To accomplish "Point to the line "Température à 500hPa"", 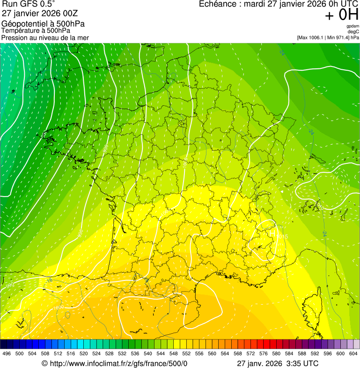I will click(36, 31).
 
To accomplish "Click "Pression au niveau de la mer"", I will click(45, 37).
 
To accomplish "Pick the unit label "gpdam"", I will click(353, 26).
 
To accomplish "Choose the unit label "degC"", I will click(353, 31).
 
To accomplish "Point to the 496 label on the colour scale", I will click(7, 353).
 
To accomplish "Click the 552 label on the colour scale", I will click(186, 353).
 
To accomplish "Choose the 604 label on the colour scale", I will click(353, 353).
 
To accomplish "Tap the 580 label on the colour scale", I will click(276, 353).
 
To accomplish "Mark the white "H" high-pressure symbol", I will click(272, 233).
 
